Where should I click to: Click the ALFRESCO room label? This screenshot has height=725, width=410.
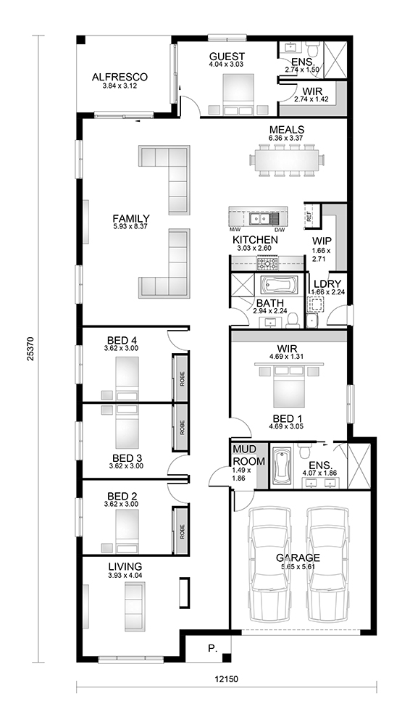(x=120, y=77)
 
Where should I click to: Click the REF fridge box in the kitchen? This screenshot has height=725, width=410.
(x=309, y=215)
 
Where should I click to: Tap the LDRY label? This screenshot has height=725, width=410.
(x=324, y=283)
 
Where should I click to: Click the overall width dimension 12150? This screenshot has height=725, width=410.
(x=227, y=679)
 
